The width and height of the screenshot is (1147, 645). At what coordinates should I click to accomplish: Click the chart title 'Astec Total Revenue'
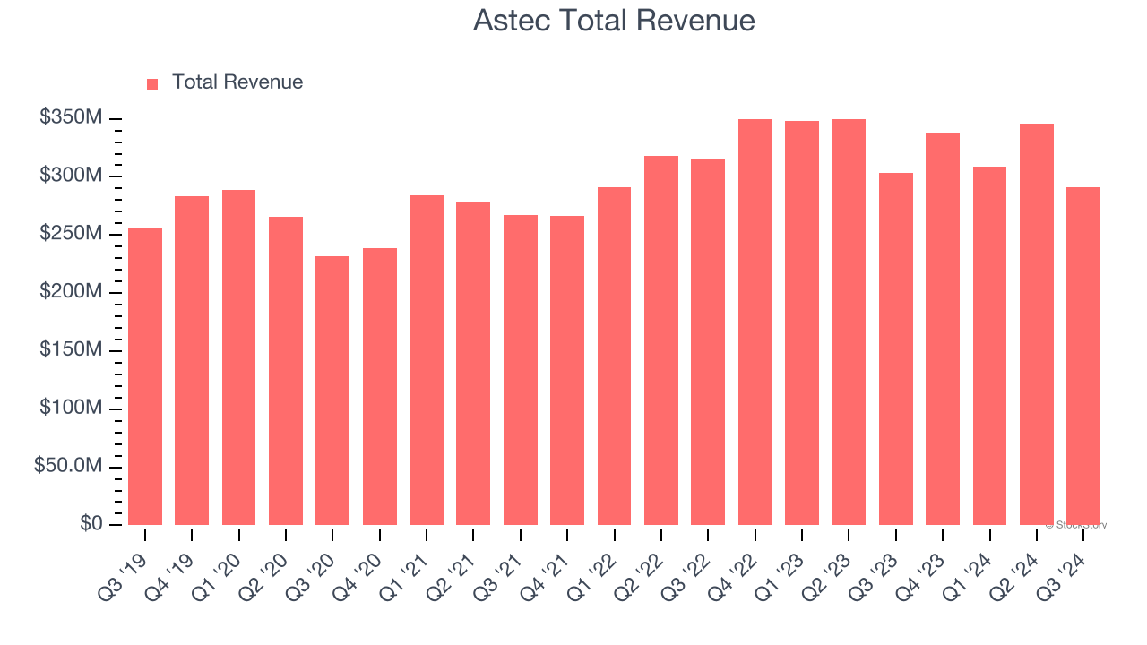click(614, 21)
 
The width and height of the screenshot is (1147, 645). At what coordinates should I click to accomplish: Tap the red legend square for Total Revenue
click(152, 83)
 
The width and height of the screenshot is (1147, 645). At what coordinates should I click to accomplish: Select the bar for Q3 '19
click(145, 376)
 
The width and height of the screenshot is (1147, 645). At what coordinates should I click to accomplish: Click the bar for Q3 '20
click(332, 391)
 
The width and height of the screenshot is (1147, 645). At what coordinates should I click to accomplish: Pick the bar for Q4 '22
click(755, 322)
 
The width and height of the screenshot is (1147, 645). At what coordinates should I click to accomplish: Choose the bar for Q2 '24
click(1036, 324)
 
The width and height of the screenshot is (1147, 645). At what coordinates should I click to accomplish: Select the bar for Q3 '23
click(895, 348)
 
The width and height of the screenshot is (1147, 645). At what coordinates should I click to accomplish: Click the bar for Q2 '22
click(660, 340)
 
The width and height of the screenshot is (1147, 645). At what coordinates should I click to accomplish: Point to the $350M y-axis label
click(71, 118)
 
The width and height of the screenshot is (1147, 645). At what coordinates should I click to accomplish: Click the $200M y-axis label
click(71, 292)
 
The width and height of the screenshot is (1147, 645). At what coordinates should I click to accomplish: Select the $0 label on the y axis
click(91, 523)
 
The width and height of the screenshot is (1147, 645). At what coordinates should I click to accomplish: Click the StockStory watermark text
click(1077, 525)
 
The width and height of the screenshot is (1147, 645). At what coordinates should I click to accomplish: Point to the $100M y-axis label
click(71, 408)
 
